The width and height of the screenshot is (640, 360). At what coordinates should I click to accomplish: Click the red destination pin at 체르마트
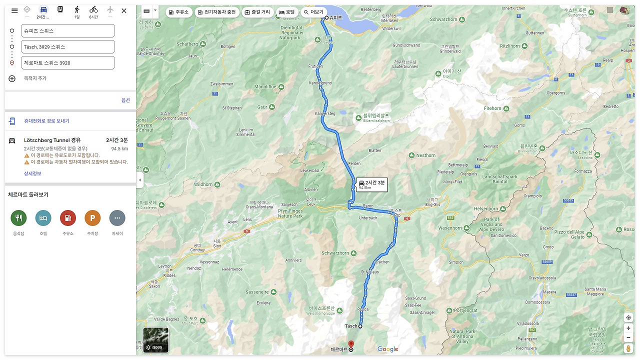351,344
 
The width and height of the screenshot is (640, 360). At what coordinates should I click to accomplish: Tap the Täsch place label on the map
351,326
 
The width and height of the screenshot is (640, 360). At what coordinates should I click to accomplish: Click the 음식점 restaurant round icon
18,218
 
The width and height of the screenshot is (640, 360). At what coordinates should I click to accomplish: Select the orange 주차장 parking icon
92,218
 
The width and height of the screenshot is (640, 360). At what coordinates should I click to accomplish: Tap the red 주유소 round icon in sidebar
67,218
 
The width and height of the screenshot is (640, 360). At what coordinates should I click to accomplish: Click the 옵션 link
125,100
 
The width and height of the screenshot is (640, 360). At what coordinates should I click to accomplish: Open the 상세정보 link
32,173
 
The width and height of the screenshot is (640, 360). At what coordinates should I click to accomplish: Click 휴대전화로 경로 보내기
46,121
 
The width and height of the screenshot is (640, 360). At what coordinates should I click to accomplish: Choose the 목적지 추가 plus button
12,78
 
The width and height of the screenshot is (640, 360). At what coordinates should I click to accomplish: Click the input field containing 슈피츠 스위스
68,30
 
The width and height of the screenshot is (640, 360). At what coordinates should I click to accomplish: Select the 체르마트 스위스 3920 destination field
68,63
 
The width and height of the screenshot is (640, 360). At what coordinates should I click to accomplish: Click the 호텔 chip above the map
286,12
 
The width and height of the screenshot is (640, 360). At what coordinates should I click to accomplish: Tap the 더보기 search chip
313,12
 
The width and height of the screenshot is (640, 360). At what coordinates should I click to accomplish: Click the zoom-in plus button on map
628,328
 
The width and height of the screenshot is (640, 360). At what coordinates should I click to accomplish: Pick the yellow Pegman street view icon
628,348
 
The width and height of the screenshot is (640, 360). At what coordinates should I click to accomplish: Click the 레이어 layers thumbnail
155,340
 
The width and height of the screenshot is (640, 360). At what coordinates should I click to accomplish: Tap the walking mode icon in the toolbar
77,10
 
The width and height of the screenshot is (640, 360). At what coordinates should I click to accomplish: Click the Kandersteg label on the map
325,114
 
